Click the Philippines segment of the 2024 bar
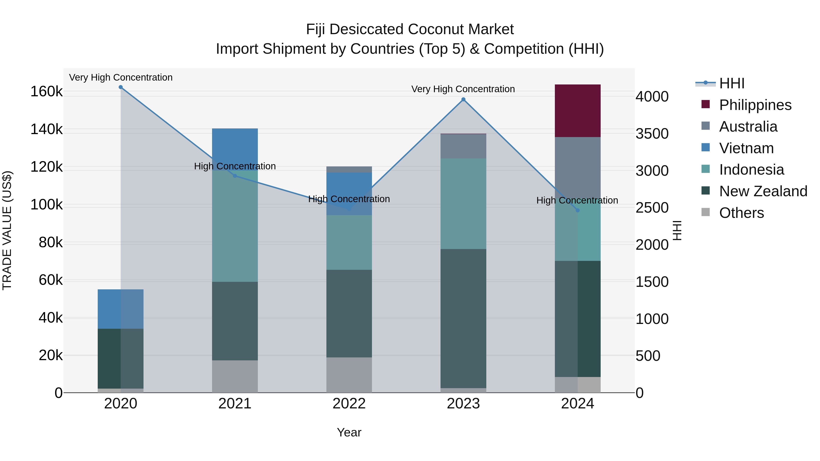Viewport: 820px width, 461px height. tap(577, 111)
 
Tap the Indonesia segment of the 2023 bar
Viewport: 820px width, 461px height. tap(463, 204)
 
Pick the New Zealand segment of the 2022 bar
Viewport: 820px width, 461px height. tap(349, 313)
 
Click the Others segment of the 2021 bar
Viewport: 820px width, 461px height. tap(235, 376)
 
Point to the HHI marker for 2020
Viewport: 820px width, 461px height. tap(121, 87)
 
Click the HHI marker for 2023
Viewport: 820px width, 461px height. tap(463, 99)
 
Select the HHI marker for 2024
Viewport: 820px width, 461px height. tap(577, 210)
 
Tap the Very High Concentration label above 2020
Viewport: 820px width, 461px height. tap(121, 77)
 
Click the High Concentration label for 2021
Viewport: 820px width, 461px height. tap(235, 166)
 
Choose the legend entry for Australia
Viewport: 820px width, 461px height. tap(748, 127)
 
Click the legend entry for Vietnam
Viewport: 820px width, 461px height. tap(746, 148)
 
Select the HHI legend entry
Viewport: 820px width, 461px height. tap(731, 83)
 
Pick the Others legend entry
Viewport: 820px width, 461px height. tap(741, 213)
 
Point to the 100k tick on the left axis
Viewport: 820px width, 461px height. tap(46, 205)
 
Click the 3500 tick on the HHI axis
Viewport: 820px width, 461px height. tap(652, 134)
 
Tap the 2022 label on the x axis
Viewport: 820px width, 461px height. tap(349, 404)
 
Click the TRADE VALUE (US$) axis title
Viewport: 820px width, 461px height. tap(7, 230)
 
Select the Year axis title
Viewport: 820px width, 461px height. tap(349, 432)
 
